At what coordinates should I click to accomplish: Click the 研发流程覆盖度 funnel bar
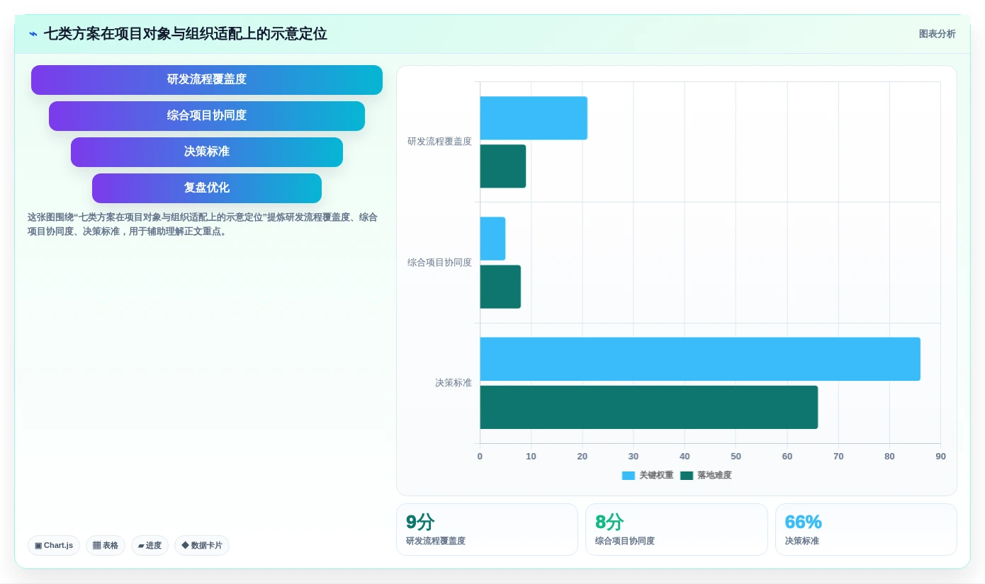[x=207, y=79]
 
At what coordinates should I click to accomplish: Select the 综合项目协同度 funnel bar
[x=207, y=116]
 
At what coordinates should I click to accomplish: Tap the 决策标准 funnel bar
[x=207, y=152]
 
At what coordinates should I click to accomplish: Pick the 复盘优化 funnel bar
[x=207, y=188]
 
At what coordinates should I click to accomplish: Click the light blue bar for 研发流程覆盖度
[x=534, y=118]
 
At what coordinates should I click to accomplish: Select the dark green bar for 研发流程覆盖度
[x=502, y=166]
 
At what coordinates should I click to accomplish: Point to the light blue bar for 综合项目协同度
[x=492, y=239]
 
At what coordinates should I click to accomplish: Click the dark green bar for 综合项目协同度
[x=500, y=287]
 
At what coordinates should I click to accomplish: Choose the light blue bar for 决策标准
[x=700, y=359]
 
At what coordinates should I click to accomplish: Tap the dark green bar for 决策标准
[x=649, y=407]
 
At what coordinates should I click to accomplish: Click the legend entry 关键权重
[x=648, y=475]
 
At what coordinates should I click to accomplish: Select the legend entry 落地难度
[x=706, y=475]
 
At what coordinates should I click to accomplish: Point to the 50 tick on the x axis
[x=736, y=456]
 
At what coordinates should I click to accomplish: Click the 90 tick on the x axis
[x=940, y=456]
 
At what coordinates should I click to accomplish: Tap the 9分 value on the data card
[x=420, y=522]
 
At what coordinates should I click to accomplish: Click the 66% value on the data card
[x=804, y=522]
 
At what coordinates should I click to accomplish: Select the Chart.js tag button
[x=54, y=545]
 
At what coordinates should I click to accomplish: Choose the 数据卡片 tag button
[x=202, y=545]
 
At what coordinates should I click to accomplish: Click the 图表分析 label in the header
[x=937, y=34]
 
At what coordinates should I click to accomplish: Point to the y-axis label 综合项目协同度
[x=439, y=263]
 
